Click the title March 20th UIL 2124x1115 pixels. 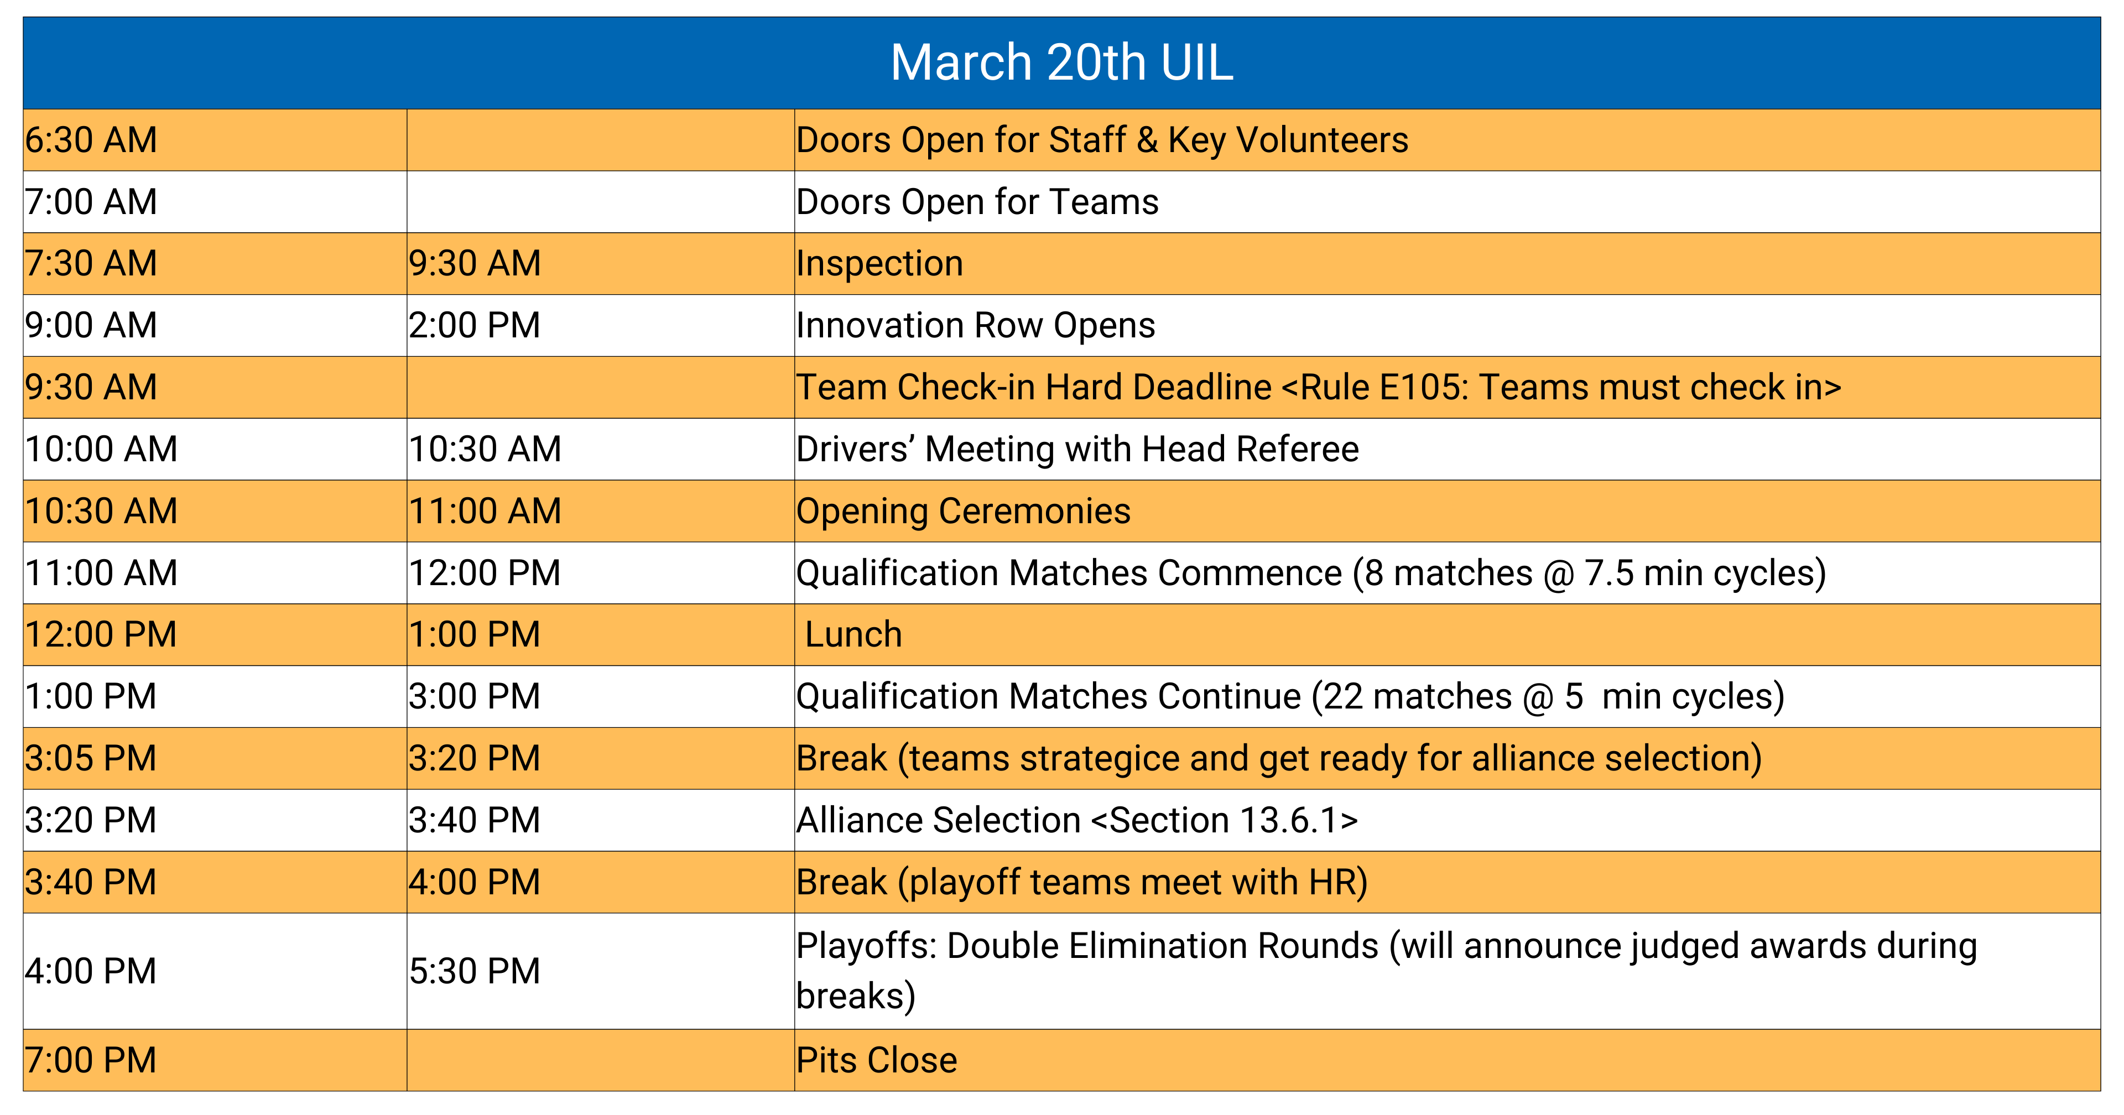1061,62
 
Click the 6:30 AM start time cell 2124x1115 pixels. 91,140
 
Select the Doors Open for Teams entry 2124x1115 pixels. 977,202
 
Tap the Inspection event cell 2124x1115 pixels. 880,264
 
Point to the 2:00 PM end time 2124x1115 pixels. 474,326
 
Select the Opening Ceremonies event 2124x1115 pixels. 963,511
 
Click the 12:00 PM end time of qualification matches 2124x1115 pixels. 485,573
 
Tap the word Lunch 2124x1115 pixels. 853,635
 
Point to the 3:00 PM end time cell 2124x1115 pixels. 474,697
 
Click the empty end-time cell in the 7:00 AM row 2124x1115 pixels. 600,202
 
